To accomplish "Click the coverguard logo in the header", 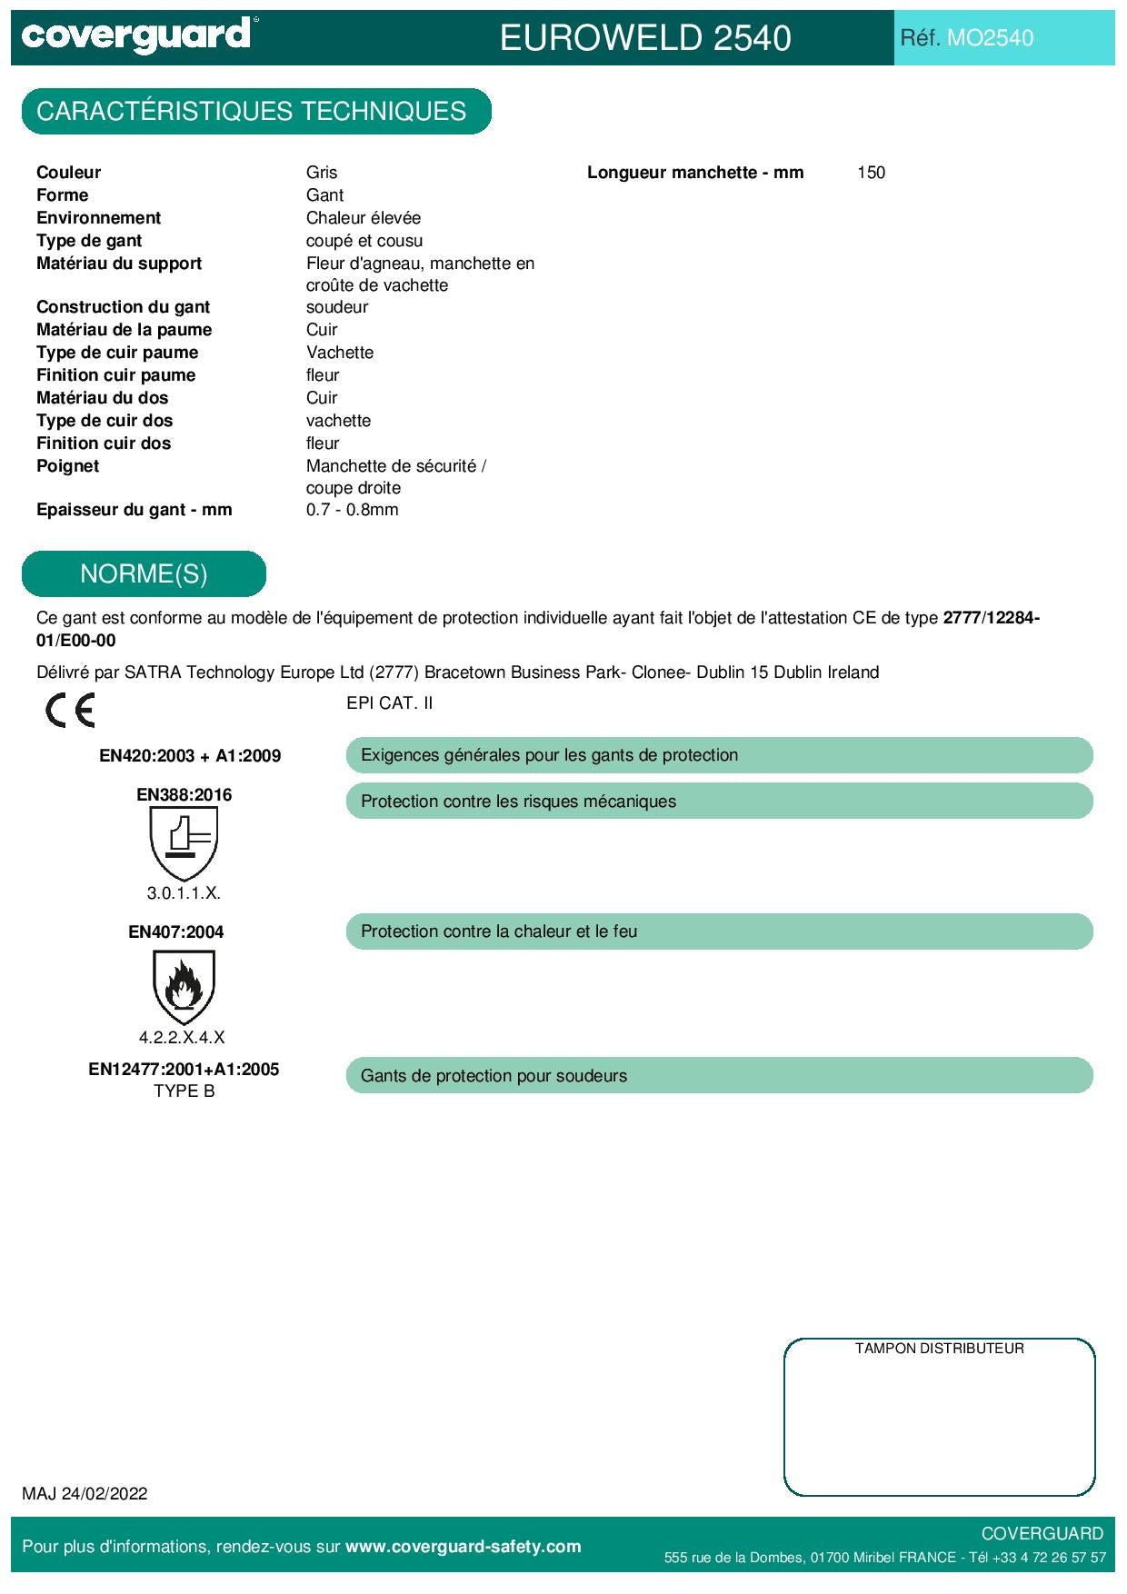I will point(136,35).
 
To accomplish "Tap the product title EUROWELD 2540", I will point(645,38).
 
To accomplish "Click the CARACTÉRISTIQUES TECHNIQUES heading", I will point(252,112).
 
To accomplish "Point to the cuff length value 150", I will point(871,173).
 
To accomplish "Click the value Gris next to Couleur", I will point(322,173).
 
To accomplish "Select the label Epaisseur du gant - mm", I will point(135,510).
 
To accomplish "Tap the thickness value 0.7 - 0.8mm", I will point(352,510).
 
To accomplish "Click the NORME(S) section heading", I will point(144,574).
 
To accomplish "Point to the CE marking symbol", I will point(70,710).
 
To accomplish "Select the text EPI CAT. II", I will point(389,703).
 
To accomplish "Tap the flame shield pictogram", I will point(184,987).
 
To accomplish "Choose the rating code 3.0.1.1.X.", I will point(184,893).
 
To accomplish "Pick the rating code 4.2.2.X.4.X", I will point(182,1037).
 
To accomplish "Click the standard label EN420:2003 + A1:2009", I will point(190,756).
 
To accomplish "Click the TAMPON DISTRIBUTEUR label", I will point(939,1349).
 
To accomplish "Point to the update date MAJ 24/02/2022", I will point(85,1494).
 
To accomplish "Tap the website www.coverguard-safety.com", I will point(463,1547).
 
